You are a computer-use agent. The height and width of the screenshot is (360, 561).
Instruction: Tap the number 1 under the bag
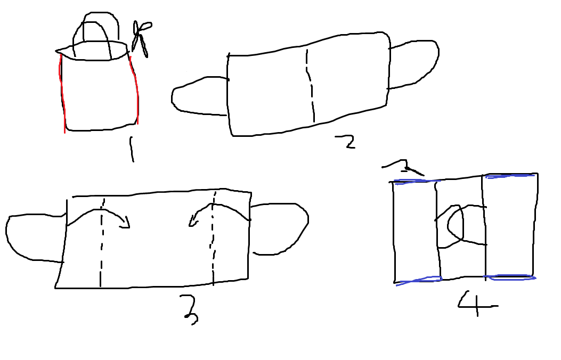point(132,150)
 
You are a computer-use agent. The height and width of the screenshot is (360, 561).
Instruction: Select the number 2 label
point(346,142)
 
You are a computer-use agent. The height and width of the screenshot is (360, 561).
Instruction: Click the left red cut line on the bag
point(63,94)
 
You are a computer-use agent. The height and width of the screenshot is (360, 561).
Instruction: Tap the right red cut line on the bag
point(135,89)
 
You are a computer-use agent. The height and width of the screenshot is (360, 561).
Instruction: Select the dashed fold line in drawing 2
point(311,86)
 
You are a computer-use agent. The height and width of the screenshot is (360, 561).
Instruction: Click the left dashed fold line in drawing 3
point(102,243)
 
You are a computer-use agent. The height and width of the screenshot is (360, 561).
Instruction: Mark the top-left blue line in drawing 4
point(415,182)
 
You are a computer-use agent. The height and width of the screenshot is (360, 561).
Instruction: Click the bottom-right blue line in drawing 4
point(509,277)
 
